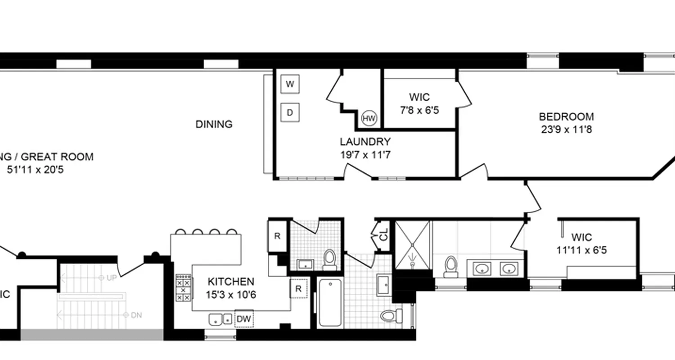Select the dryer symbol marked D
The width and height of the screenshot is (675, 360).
coord(290,112)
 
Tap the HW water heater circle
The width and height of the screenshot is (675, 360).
coord(369,119)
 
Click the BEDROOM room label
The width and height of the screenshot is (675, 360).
coord(566,117)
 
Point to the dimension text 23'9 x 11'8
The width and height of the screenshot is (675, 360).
coord(566,130)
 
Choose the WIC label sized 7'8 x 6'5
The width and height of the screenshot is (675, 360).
coord(419,97)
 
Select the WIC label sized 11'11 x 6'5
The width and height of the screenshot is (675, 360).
coord(581,237)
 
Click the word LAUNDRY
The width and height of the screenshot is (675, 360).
coord(364,142)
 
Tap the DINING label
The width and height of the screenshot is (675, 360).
coord(214,124)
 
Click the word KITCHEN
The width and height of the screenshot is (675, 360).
coord(231,282)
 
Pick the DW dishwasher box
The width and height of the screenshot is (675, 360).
coord(244,319)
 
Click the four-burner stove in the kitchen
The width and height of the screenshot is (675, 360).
coord(183,288)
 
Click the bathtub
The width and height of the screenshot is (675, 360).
coord(330,303)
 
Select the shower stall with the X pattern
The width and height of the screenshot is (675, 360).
coord(412,245)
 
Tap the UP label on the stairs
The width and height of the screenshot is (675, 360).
coord(111,278)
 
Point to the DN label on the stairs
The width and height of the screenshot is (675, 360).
coord(136,315)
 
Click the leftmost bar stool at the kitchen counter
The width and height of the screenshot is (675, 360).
coord(180,232)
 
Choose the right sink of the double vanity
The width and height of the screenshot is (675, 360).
coord(508,269)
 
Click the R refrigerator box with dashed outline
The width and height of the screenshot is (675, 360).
coord(298,288)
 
